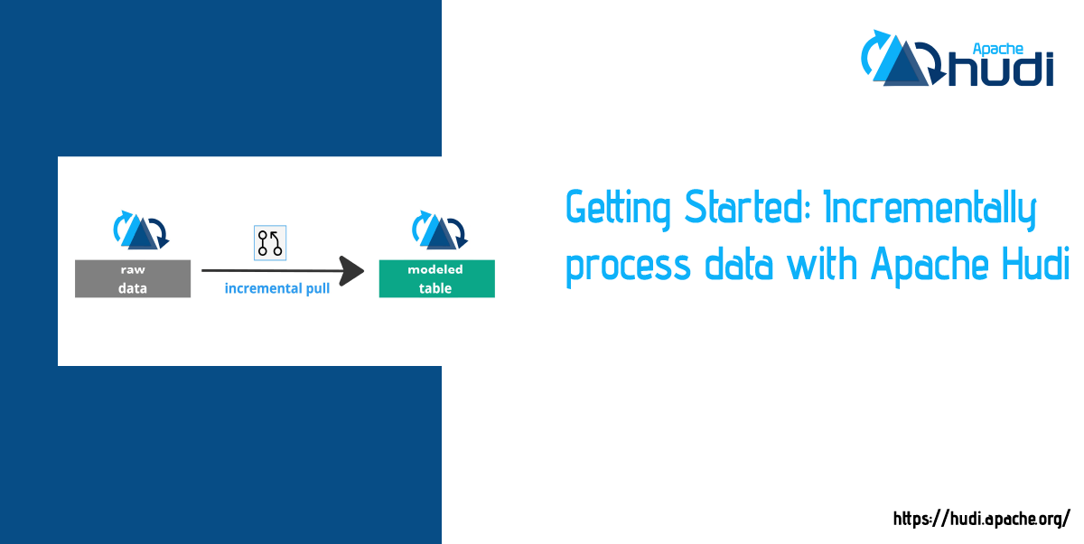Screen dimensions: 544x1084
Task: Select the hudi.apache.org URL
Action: (981, 519)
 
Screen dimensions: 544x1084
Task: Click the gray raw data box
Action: (133, 279)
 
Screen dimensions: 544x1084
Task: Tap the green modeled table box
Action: (436, 279)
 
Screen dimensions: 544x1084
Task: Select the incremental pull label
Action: (277, 289)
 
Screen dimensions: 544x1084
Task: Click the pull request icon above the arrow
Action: (270, 243)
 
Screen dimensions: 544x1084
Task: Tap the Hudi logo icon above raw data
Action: (140, 230)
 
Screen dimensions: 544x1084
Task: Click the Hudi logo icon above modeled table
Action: (437, 230)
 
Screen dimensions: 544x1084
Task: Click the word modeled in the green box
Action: (435, 269)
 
